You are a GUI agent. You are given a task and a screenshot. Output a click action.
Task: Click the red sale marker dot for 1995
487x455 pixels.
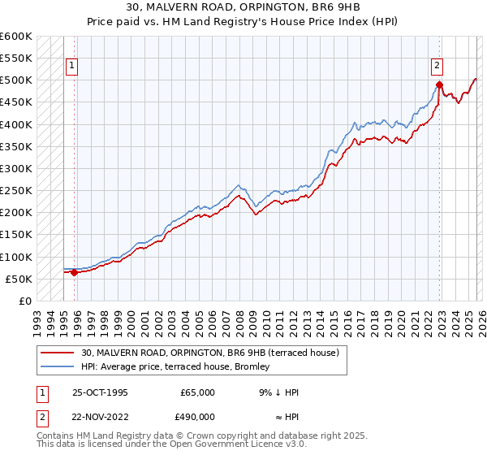click(x=75, y=273)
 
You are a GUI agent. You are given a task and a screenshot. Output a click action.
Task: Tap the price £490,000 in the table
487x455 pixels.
click(x=197, y=415)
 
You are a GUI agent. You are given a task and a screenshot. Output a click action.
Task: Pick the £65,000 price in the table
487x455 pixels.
click(x=197, y=392)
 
